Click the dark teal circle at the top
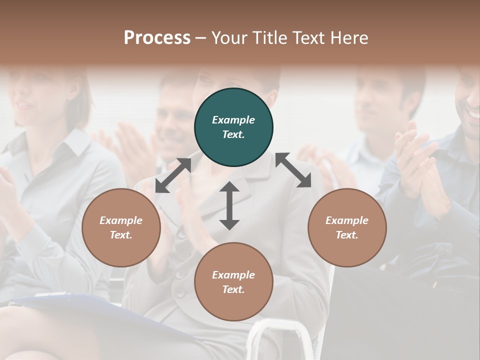click(233, 127)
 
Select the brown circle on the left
click(121, 227)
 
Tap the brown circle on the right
click(347, 227)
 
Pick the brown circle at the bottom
click(233, 282)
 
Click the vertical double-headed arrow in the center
click(229, 205)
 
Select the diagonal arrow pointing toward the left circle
click(173, 175)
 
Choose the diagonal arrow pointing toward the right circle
click(293, 170)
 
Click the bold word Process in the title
click(157, 37)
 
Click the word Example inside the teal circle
click(233, 120)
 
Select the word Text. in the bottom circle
click(233, 289)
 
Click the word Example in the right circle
click(347, 220)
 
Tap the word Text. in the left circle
click(121, 235)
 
